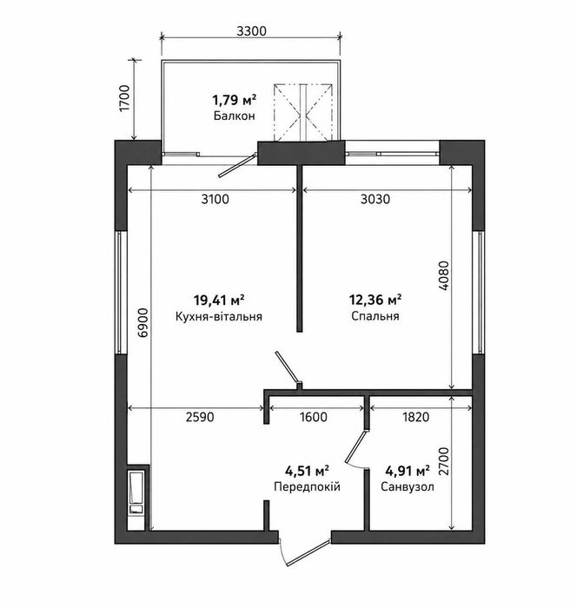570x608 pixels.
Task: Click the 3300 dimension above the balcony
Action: pyautogui.click(x=252, y=30)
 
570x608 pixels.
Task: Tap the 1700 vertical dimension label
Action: pyautogui.click(x=126, y=98)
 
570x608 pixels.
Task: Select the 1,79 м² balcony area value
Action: pyautogui.click(x=234, y=100)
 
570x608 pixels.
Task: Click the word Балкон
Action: pyautogui.click(x=234, y=116)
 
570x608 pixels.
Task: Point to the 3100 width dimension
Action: pyautogui.click(x=215, y=199)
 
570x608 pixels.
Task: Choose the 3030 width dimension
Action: pyautogui.click(x=375, y=199)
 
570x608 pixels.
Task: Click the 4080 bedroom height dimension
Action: pyautogui.click(x=443, y=275)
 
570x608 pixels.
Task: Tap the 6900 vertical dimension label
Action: pyautogui.click(x=143, y=322)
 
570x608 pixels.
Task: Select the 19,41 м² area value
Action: pyautogui.click(x=219, y=300)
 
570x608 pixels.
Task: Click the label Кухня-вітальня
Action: pyautogui.click(x=219, y=316)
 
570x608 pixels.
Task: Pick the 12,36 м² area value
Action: pyautogui.click(x=375, y=300)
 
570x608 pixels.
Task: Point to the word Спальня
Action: pyautogui.click(x=375, y=316)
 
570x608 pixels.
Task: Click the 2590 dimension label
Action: pyautogui.click(x=200, y=417)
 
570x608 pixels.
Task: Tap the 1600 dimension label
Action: pyautogui.click(x=313, y=417)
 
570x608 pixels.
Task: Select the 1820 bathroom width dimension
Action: pyautogui.click(x=416, y=417)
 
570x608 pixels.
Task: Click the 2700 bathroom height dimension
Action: pyautogui.click(x=443, y=461)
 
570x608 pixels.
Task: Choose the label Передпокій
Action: pyautogui.click(x=307, y=486)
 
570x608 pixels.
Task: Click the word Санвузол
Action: pyautogui.click(x=408, y=486)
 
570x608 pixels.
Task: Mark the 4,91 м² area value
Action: pyautogui.click(x=408, y=471)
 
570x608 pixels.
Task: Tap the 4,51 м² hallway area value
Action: pyautogui.click(x=307, y=471)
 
